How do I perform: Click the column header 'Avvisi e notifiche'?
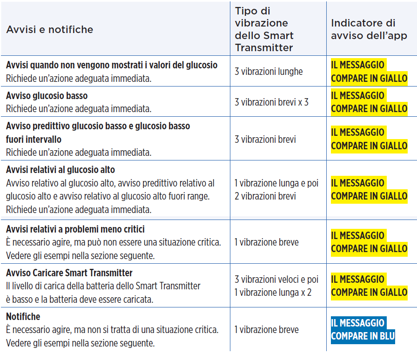[x=50, y=30]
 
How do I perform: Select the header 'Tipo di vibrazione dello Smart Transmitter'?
[x=264, y=29]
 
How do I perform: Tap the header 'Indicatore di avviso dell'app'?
[x=369, y=29]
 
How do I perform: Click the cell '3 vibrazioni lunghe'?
[x=269, y=72]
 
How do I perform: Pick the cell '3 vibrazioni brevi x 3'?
[x=271, y=102]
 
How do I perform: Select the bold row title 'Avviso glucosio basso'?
[x=47, y=96]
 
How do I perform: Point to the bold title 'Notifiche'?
[x=23, y=317]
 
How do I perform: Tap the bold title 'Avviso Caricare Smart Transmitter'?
[x=69, y=273]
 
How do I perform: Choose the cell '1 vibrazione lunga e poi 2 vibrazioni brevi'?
[x=276, y=190]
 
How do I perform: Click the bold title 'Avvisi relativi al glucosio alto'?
[x=61, y=170]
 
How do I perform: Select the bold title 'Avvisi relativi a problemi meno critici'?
[x=75, y=229]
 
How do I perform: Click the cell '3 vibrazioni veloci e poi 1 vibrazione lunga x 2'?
[x=276, y=286]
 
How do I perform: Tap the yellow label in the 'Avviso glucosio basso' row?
[x=369, y=102]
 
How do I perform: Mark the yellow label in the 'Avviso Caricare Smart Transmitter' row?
[x=369, y=286]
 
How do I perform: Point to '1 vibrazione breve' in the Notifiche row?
[x=267, y=330]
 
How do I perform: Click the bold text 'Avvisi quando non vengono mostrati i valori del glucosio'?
[x=112, y=65]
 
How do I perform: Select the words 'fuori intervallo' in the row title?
[x=34, y=140]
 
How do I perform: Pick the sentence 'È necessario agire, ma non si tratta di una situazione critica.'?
[x=112, y=330]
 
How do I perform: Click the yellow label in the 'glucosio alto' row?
[x=369, y=190]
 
